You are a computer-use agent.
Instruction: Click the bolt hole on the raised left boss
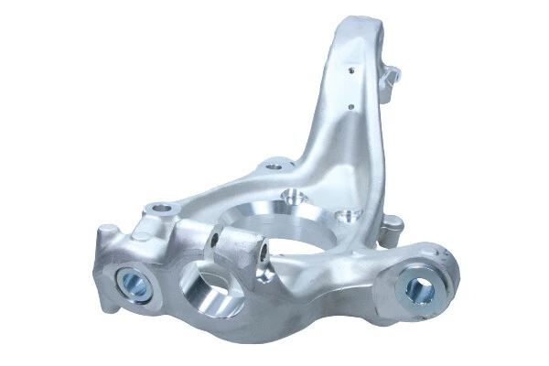coord(162,208)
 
